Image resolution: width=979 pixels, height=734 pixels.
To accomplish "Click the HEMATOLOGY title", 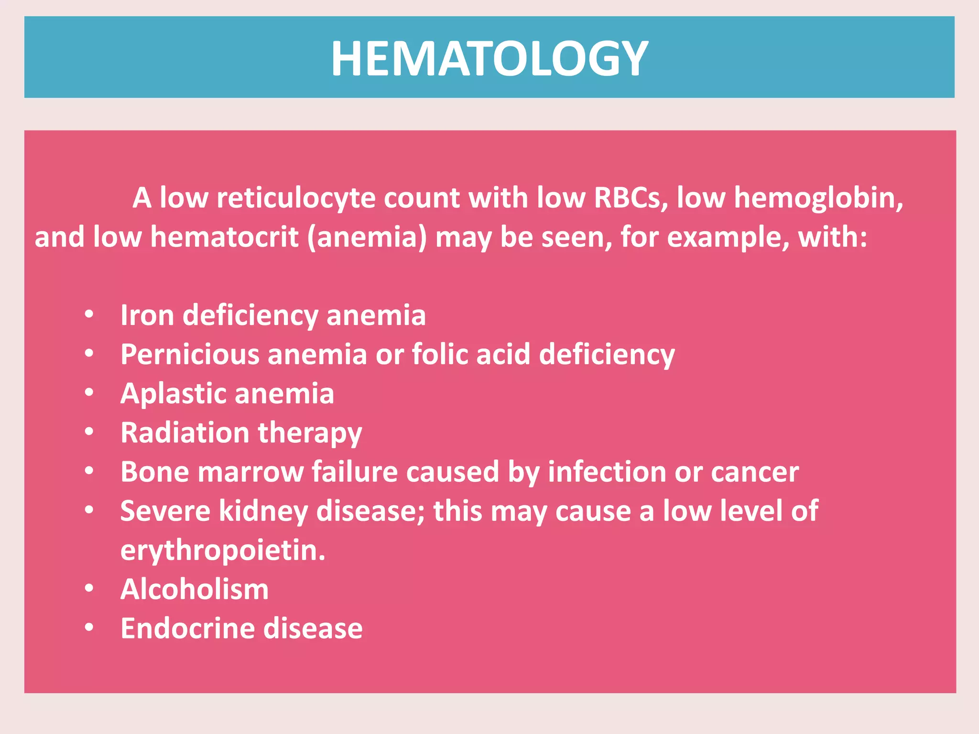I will tap(489, 58).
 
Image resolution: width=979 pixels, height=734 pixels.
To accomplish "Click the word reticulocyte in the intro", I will tap(296, 198).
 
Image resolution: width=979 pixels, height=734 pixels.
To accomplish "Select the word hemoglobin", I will tap(818, 198).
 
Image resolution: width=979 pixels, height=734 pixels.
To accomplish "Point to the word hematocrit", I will tap(224, 237).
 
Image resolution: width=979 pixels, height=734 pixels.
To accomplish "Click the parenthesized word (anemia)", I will tap(367, 237).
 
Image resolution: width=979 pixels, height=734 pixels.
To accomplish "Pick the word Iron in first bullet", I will tap(147, 315).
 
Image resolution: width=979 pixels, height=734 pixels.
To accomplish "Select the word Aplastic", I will tap(174, 394).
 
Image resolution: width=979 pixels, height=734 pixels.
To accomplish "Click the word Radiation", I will tap(185, 433).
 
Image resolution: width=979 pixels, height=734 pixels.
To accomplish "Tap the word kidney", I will tap(263, 511).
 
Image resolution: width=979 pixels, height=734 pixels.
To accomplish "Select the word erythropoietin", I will tap(223, 550).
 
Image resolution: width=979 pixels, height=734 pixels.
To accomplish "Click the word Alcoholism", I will tap(195, 589).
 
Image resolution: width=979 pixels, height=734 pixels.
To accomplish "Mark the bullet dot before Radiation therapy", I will tap(89, 432).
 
